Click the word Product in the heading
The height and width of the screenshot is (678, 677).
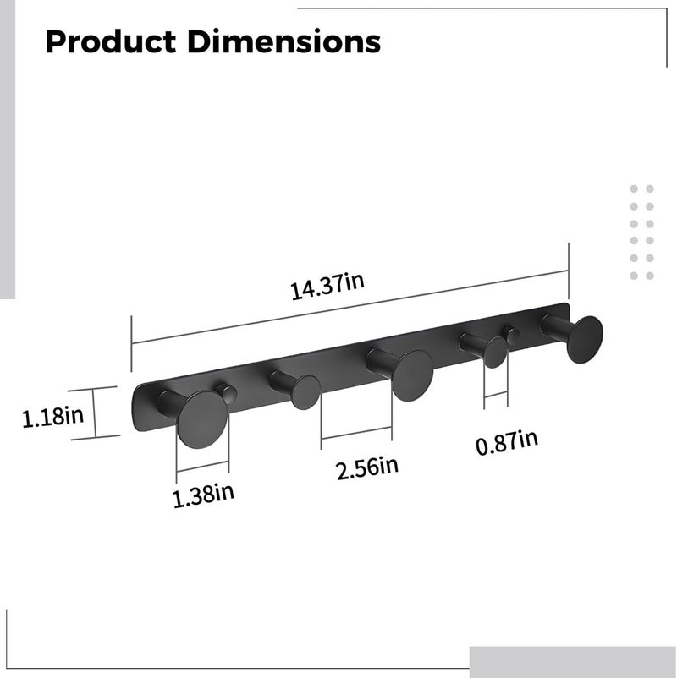tap(111, 42)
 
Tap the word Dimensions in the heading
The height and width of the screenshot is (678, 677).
tap(284, 42)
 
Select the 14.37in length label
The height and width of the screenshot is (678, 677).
tap(327, 286)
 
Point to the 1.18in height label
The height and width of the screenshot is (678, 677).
tap(52, 417)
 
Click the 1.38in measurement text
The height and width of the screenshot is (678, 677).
tap(203, 495)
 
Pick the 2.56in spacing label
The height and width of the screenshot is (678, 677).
tap(367, 468)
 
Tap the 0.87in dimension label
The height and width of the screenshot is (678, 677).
tap(507, 442)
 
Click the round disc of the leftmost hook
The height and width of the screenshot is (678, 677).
tap(202, 419)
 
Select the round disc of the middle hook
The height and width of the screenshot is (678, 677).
tap(412, 375)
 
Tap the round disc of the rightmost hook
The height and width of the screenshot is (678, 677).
tap(585, 340)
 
